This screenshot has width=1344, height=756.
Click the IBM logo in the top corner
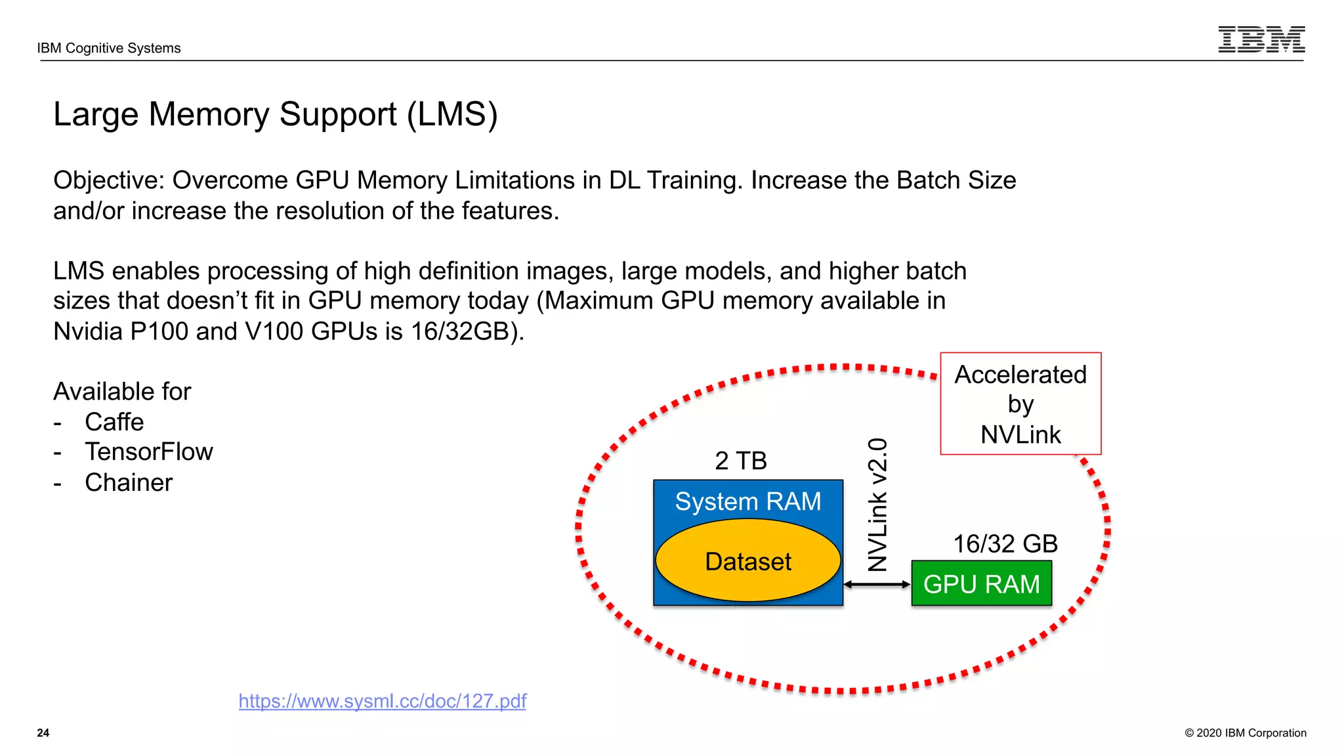point(1261,39)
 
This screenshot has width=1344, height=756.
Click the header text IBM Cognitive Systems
point(109,48)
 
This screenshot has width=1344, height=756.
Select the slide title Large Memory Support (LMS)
point(276,115)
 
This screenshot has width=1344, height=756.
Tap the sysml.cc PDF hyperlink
point(382,701)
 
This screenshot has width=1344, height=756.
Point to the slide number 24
point(43,733)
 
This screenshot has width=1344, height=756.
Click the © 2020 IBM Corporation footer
point(1245,733)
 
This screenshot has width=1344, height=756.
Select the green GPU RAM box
point(981,583)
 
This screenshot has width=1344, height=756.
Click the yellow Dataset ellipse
point(747,562)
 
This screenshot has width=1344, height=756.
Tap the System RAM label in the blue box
point(747,501)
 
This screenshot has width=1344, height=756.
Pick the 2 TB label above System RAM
point(741,461)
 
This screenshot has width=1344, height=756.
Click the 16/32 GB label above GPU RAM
point(1005,544)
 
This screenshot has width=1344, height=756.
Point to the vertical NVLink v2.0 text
point(877,505)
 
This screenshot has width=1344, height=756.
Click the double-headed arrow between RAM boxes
point(877,584)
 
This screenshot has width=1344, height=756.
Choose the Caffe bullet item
point(114,422)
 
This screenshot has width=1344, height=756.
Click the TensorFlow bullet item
point(149,452)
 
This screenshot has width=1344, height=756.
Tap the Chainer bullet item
point(129,483)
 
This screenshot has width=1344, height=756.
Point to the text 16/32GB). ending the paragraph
point(467,331)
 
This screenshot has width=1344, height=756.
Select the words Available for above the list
point(122,392)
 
